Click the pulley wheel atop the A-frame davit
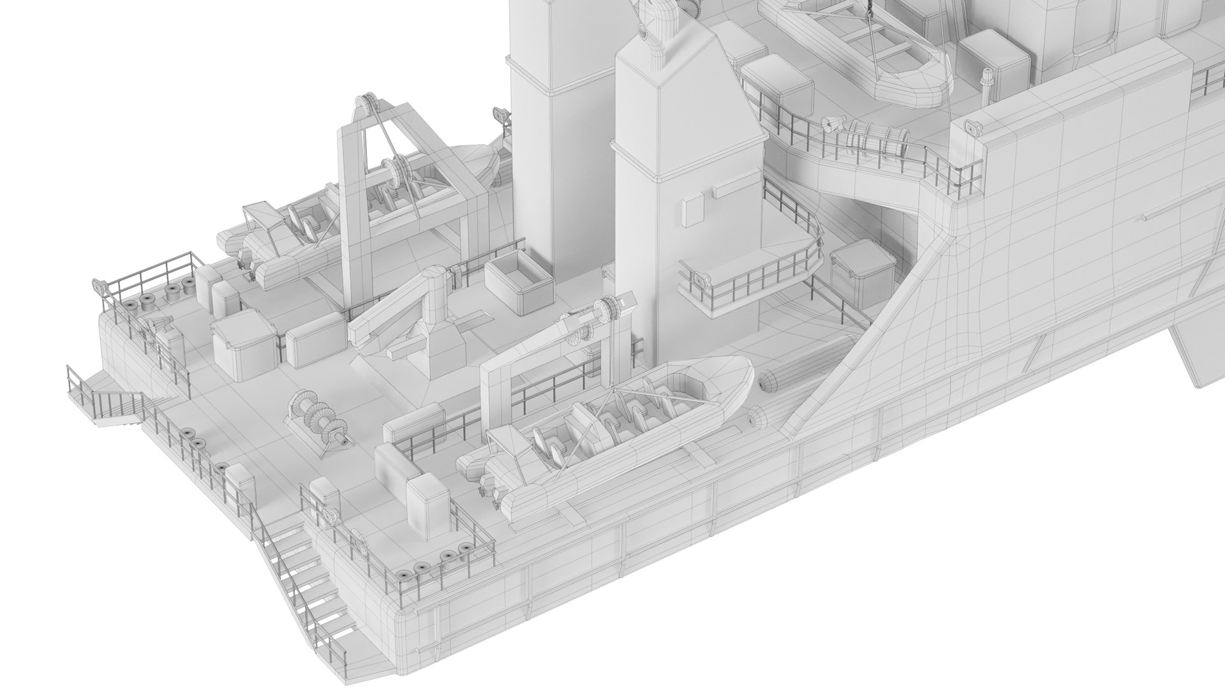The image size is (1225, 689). tap(366, 105)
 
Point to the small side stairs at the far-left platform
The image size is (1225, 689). tap(108, 406)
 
